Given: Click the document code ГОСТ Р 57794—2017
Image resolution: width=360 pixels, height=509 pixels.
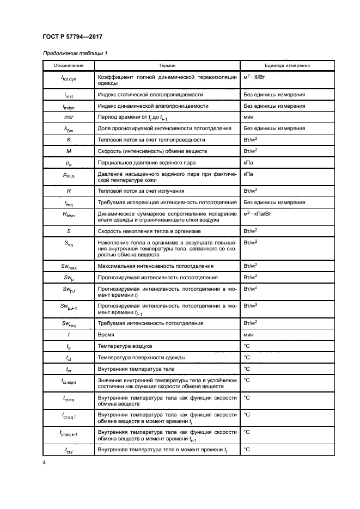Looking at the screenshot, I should click(73, 36).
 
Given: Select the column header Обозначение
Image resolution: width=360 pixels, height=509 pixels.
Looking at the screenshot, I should click(68, 65).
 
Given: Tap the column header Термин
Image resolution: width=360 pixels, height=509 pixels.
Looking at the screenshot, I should click(167, 65).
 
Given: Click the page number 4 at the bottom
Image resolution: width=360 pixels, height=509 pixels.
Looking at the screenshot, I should click(44, 463).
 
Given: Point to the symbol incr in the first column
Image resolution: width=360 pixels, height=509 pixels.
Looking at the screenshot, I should click(68, 117).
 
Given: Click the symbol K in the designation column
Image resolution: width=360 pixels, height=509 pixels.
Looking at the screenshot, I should click(68, 139).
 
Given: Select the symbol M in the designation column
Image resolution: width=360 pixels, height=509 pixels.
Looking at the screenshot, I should click(68, 150).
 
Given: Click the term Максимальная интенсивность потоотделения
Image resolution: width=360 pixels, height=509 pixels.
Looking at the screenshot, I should click(155, 266).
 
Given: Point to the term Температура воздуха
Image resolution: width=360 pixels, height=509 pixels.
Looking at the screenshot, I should click(125, 346).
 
